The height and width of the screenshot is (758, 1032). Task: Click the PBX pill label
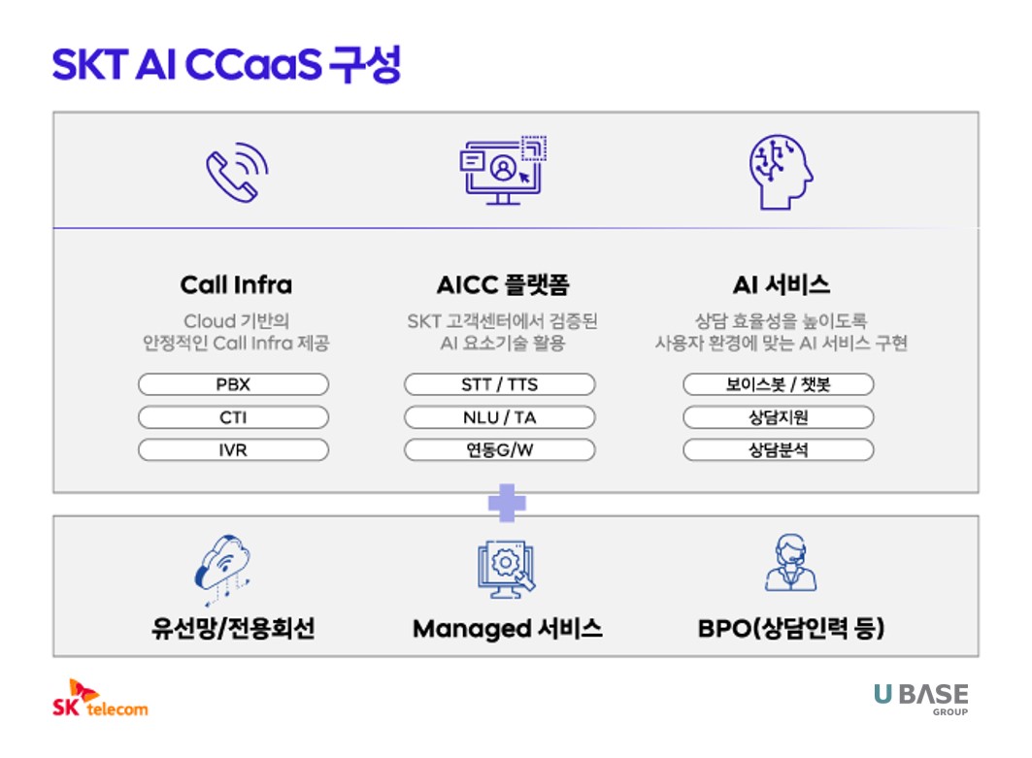[233, 384]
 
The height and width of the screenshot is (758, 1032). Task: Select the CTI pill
[233, 417]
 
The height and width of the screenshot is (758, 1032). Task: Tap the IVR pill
[233, 450]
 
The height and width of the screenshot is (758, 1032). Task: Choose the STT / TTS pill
[499, 384]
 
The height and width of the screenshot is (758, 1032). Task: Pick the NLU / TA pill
[499, 417]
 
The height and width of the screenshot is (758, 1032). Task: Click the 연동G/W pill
[499, 450]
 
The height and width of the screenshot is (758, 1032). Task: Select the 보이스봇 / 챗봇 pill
[778, 384]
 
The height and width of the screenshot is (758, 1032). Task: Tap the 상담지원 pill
[778, 417]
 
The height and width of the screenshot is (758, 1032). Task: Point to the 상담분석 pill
[778, 450]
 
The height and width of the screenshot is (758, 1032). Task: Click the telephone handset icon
[236, 172]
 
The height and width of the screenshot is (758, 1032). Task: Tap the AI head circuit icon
[781, 172]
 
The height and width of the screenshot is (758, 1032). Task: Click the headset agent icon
[790, 563]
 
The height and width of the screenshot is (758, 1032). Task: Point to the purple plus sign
[507, 503]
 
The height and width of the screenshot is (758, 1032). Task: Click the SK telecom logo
[100, 698]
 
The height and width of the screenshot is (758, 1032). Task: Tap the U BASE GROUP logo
[920, 698]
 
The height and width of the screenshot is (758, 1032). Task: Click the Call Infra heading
[236, 284]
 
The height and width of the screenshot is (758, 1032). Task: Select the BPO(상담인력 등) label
[790, 628]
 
